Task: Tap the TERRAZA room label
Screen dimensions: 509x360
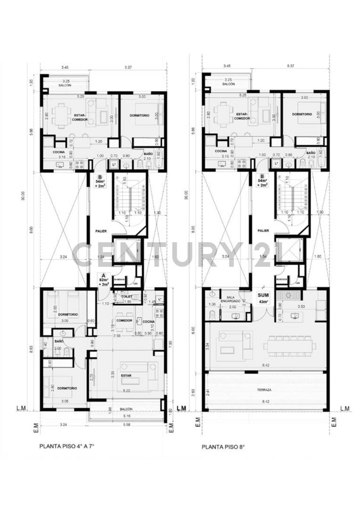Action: click(267, 390)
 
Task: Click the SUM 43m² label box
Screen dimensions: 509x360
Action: click(263, 298)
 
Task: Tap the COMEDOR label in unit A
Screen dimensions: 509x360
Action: click(124, 320)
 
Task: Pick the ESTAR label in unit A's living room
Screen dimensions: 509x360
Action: click(126, 376)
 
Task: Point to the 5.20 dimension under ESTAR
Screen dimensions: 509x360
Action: click(126, 391)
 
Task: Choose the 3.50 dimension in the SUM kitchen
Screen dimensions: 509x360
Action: click(302, 307)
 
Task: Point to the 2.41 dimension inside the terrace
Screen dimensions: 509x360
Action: click(208, 391)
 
